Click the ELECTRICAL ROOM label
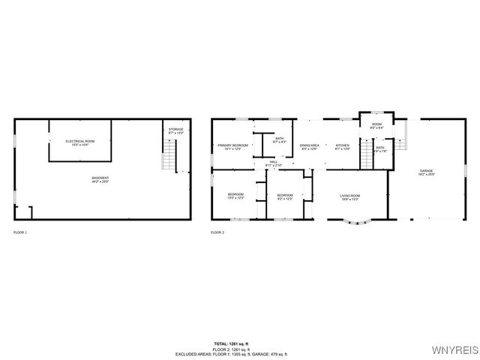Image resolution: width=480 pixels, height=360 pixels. coord(79,142)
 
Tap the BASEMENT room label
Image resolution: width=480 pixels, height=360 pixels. coord(100,180)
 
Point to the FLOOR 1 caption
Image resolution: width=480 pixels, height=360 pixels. coord(20,232)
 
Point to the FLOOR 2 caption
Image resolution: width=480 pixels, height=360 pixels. coord(217,232)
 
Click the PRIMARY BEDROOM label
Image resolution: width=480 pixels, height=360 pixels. coord(233,146)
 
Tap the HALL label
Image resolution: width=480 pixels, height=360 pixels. coord(275,163)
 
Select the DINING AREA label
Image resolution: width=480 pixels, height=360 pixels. coord(310,146)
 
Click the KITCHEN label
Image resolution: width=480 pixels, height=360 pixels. coord(343,146)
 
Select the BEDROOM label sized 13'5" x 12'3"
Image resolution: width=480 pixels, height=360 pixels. coord(236,196)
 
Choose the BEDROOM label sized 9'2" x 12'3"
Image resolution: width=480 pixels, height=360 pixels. coord(285,196)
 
